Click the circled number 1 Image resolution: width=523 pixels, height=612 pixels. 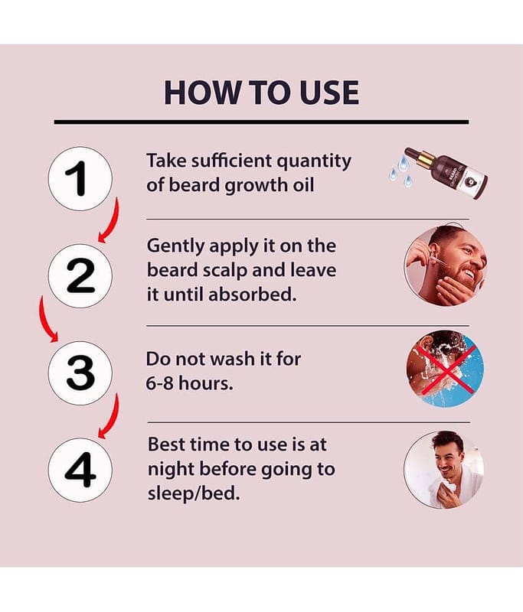point(80,179)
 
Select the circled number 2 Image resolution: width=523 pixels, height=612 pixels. point(80,276)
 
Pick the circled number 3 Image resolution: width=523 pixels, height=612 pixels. point(80,373)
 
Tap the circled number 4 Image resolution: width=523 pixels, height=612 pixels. point(80,470)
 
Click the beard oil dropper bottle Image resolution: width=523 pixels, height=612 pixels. point(447,172)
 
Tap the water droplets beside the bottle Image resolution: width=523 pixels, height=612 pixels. point(401,171)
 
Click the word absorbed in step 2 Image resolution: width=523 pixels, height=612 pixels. point(252,295)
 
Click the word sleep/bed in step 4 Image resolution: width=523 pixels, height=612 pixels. point(193,493)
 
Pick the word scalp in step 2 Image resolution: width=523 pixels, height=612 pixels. point(224,271)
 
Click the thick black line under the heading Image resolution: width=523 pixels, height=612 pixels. point(261,122)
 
